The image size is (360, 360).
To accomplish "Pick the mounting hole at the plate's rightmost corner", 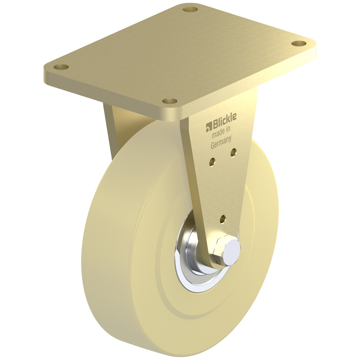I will click(x=299, y=44).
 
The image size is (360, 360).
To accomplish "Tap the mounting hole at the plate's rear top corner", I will click(x=191, y=9).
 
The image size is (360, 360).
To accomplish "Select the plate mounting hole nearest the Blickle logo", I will click(x=169, y=101).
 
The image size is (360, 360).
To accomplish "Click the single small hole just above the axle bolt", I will click(x=223, y=219).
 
